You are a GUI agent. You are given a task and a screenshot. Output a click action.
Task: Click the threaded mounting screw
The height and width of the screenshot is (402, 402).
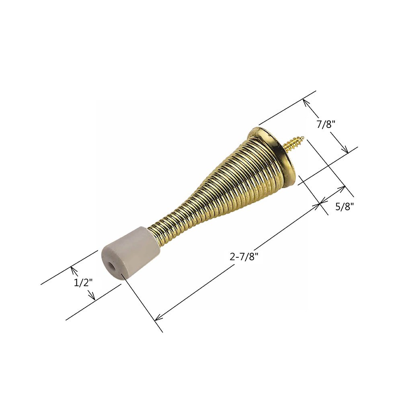[x=295, y=143]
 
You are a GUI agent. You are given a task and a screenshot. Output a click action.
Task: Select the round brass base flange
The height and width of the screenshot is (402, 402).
[x=277, y=157]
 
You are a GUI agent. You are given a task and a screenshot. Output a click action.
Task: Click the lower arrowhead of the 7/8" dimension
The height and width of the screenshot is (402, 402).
[x=346, y=151]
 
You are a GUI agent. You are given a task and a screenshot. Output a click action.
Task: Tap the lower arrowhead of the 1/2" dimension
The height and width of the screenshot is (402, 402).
[x=93, y=298]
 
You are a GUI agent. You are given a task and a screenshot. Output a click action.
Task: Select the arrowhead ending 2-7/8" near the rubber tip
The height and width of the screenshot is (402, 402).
[x=157, y=318]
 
